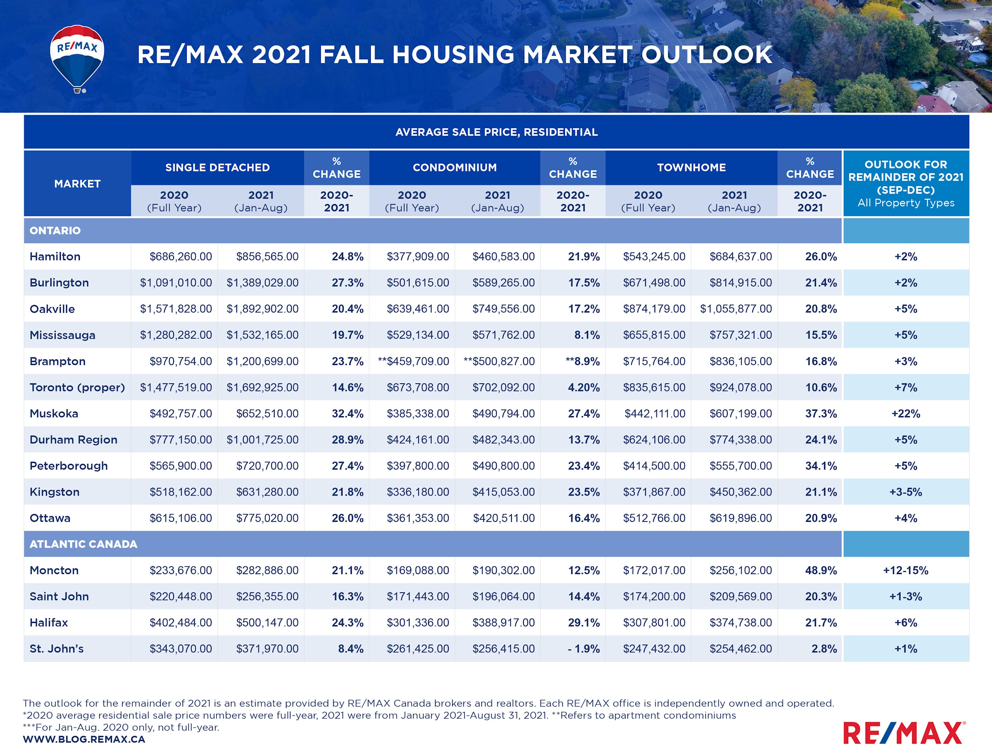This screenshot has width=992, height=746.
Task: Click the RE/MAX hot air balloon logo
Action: pos(77,58)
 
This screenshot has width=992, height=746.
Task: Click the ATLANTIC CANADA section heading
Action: pos(83,544)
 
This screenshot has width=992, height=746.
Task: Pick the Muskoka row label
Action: pos(54,413)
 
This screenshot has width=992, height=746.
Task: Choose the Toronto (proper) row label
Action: pos(77,388)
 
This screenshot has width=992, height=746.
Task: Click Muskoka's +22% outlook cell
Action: pos(906,413)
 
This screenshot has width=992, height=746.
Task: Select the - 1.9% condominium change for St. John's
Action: pos(583,649)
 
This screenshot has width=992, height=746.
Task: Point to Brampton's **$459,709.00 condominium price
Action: pos(413,362)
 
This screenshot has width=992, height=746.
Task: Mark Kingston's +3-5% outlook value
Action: pos(906,492)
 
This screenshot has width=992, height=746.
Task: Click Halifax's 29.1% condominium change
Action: pos(584,623)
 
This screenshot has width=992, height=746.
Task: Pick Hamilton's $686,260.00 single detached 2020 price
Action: pos(180,257)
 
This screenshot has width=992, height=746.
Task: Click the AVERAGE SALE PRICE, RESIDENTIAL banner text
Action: pos(496,132)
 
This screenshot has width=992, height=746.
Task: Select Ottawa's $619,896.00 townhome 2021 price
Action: pos(741,518)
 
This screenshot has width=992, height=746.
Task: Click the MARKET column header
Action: pos(77,184)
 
